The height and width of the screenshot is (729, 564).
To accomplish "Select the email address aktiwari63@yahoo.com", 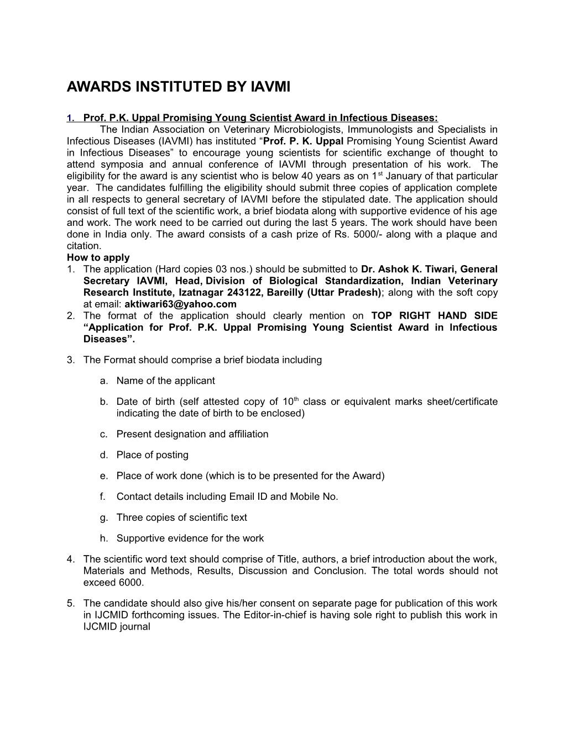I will coord(181,304).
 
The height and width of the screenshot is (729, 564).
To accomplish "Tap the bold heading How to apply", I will coord(98,257).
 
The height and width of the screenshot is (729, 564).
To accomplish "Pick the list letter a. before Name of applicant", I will coord(103,381).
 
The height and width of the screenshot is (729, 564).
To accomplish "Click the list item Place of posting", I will coord(152,455).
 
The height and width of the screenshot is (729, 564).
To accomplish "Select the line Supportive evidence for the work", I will coord(190,538).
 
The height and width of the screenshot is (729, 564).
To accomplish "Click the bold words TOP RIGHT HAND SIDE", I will coord(434,315).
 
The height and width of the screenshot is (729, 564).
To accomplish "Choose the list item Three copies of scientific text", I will coord(181,517).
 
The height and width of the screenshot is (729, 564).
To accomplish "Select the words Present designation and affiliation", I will coord(192,434).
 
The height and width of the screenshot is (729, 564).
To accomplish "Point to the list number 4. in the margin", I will coord(70,559).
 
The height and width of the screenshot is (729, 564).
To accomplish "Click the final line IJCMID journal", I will coord(117,626).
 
